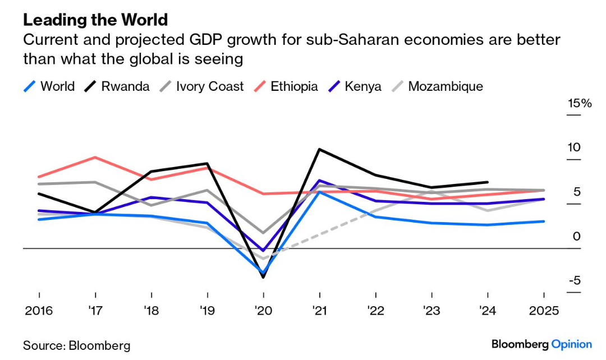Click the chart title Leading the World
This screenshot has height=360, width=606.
click(x=95, y=20)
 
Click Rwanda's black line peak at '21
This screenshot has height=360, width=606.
click(x=319, y=149)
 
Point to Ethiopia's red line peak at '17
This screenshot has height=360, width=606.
click(x=95, y=157)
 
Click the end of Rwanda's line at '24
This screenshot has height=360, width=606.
click(x=488, y=182)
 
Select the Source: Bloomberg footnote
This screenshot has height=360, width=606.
click(x=76, y=345)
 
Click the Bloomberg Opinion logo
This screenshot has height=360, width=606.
click(x=541, y=344)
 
